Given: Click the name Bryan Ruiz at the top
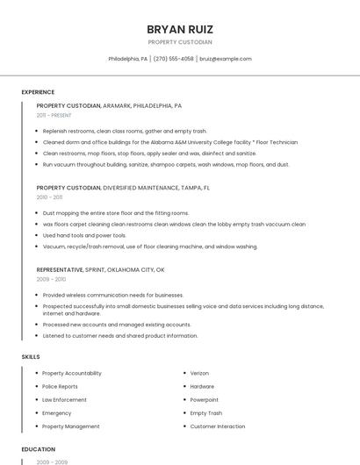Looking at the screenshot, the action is pyautogui.click(x=180, y=29).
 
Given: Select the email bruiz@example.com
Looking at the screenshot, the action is pyautogui.click(x=226, y=59).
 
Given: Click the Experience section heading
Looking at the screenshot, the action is pyautogui.click(x=38, y=92).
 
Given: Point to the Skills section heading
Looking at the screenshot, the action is pyautogui.click(x=31, y=357).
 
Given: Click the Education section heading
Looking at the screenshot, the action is pyautogui.click(x=39, y=449).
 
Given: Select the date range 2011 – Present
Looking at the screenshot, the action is pyautogui.click(x=54, y=115).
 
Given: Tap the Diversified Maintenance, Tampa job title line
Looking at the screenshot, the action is pyautogui.click(x=123, y=188).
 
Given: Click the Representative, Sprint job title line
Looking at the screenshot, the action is pyautogui.click(x=100, y=269).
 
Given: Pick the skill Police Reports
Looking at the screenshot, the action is pyautogui.click(x=60, y=386).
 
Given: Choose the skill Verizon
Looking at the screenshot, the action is pyautogui.click(x=199, y=373).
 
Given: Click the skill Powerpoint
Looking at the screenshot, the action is pyautogui.click(x=204, y=399).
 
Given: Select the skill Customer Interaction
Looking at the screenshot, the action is pyautogui.click(x=218, y=426).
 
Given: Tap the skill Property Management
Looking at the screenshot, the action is pyautogui.click(x=71, y=426).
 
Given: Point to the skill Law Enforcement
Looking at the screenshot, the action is pyautogui.click(x=64, y=399).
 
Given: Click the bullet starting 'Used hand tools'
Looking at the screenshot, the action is pyautogui.click(x=84, y=235).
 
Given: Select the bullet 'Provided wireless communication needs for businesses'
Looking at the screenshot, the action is pyautogui.click(x=113, y=295).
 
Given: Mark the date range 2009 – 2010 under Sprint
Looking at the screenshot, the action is pyautogui.click(x=51, y=279).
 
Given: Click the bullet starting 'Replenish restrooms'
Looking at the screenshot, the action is pyautogui.click(x=125, y=131).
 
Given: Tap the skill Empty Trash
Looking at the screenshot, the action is pyautogui.click(x=205, y=412).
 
